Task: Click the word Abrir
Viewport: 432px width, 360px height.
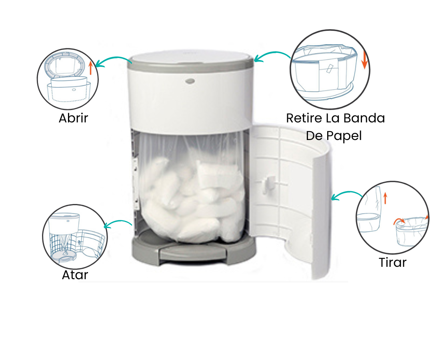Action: [73, 118]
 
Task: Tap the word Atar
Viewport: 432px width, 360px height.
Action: [75, 275]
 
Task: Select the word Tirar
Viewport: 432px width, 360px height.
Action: [393, 262]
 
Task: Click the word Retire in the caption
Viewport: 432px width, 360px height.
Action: [304, 118]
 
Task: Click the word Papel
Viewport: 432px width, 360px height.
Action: [344, 136]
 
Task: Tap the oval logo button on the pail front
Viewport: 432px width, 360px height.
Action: [190, 81]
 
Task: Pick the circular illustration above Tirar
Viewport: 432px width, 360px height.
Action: [393, 217]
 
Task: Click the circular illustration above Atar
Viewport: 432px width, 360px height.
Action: [75, 237]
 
